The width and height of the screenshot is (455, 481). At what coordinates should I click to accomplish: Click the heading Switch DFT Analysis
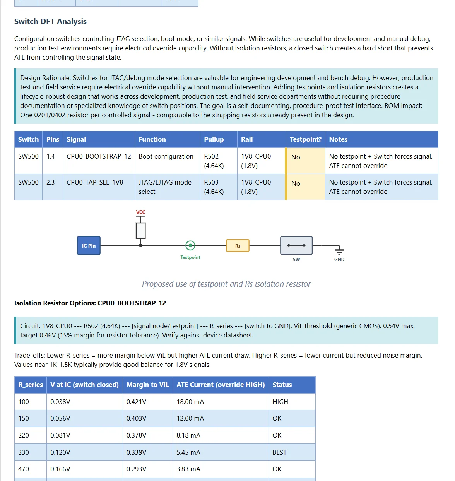[x=50, y=22]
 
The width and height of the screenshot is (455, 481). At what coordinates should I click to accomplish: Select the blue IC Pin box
[x=89, y=246]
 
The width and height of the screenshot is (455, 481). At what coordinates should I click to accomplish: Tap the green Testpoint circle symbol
[x=190, y=245]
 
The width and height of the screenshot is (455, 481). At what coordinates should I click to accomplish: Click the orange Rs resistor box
[x=238, y=246]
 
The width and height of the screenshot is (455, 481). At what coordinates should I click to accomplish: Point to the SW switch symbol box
[x=296, y=246]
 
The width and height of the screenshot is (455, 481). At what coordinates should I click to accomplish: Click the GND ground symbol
[x=339, y=251]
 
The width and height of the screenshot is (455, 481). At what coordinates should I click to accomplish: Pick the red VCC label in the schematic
[x=140, y=212]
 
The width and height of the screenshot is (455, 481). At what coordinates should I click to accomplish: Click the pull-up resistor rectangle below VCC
[x=141, y=231]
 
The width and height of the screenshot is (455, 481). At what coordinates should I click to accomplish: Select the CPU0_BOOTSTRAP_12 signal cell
[x=99, y=156]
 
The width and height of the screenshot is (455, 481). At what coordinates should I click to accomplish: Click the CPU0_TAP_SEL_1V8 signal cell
[x=95, y=182]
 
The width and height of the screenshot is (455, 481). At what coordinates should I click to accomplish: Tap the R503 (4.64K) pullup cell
[x=214, y=187]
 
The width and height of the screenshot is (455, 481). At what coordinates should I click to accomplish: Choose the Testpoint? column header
[x=305, y=139]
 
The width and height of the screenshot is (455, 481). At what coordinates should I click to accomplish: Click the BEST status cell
[x=279, y=452]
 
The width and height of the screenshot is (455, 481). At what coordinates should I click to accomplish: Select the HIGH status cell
[x=280, y=402]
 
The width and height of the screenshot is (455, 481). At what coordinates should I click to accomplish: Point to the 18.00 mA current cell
[x=190, y=402]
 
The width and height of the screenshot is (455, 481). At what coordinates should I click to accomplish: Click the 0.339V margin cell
[x=136, y=452]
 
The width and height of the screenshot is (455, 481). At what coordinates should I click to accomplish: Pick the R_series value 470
[x=24, y=469]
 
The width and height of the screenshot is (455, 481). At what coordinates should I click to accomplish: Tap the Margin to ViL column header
[x=147, y=385]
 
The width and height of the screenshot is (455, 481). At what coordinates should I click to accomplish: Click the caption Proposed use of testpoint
[x=226, y=284]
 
